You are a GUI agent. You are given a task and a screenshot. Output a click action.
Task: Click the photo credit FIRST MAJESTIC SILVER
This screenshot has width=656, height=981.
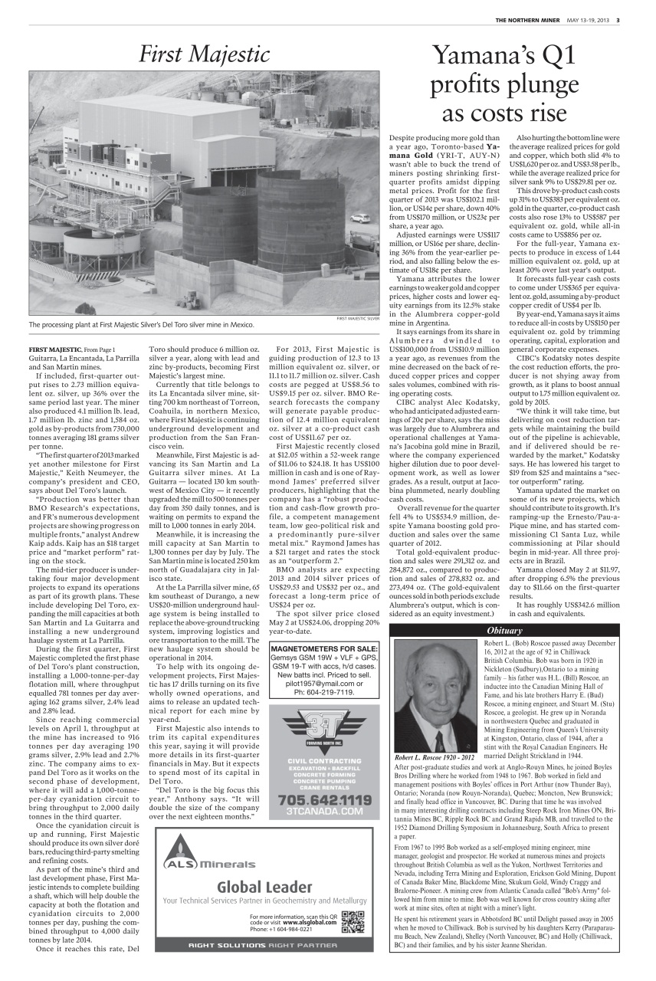click(x=358, y=317)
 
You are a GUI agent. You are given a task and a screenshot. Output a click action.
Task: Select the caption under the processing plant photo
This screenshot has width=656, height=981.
click(x=140, y=325)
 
